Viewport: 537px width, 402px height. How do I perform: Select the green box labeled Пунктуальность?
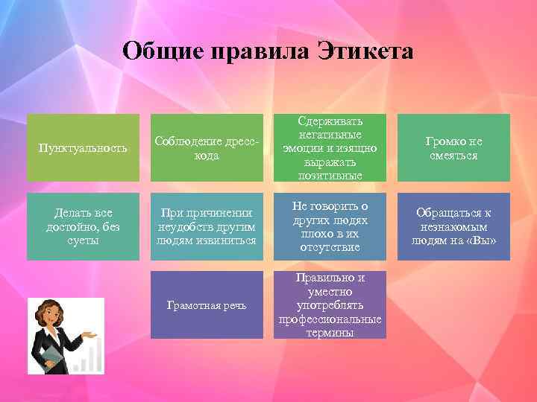pyautogui.click(x=83, y=147)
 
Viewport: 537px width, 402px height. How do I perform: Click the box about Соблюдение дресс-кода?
pyautogui.click(x=207, y=147)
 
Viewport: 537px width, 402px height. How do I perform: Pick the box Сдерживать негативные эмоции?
pyautogui.click(x=330, y=147)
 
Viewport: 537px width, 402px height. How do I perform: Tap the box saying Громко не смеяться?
pyautogui.click(x=453, y=147)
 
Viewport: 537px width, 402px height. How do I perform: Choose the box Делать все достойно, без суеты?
pyautogui.click(x=83, y=226)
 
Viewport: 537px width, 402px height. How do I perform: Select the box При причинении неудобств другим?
pyautogui.click(x=207, y=226)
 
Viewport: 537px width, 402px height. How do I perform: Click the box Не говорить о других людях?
pyautogui.click(x=330, y=226)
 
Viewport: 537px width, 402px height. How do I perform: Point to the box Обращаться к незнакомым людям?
pyautogui.click(x=453, y=226)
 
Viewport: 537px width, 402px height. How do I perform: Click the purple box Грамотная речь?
pyautogui.click(x=207, y=305)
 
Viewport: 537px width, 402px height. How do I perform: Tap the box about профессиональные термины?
pyautogui.click(x=330, y=305)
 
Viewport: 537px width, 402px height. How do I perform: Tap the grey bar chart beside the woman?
pyautogui.click(x=87, y=358)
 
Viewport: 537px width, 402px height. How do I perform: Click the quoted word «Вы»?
pyautogui.click(x=481, y=240)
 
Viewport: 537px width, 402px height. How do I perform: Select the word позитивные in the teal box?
pyautogui.click(x=330, y=176)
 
